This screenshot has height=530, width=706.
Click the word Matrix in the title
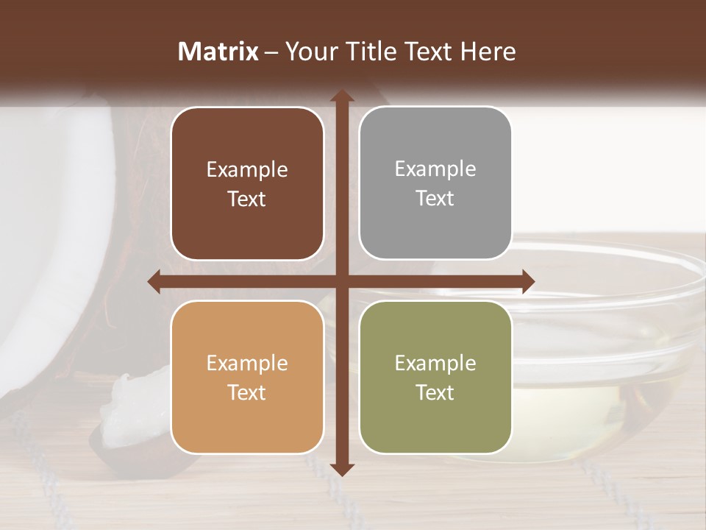(x=218, y=52)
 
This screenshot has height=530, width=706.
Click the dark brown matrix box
(x=247, y=184)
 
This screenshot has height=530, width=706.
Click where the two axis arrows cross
(x=342, y=281)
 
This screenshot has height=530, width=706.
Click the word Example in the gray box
(x=435, y=169)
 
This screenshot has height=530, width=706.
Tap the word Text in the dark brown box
(x=247, y=199)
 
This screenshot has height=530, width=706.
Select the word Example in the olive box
(x=435, y=363)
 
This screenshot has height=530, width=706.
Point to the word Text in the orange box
(x=247, y=393)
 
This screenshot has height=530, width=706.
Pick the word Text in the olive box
(x=435, y=393)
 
